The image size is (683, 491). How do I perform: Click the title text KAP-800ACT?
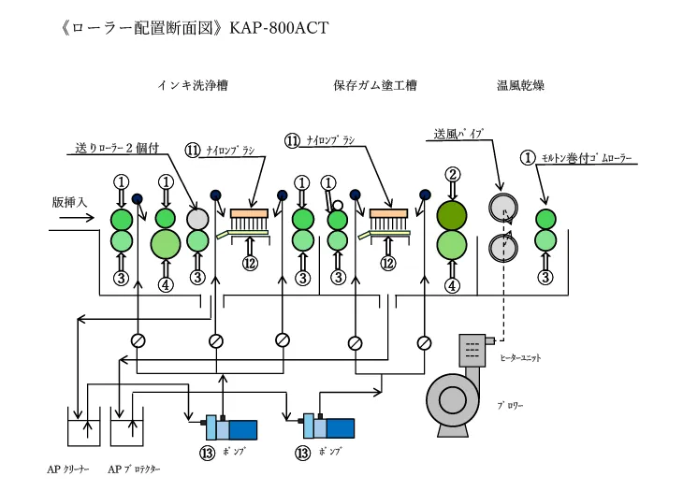point(277,27)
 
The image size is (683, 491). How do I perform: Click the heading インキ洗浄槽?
point(193,86)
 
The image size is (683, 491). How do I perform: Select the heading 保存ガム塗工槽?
point(374,86)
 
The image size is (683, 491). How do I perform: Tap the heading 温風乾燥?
point(520,86)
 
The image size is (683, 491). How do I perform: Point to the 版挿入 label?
point(71,201)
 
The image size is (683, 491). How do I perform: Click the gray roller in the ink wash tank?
point(196,218)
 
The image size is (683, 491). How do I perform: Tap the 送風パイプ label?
point(458,135)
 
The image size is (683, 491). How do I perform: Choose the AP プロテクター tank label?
point(135,469)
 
